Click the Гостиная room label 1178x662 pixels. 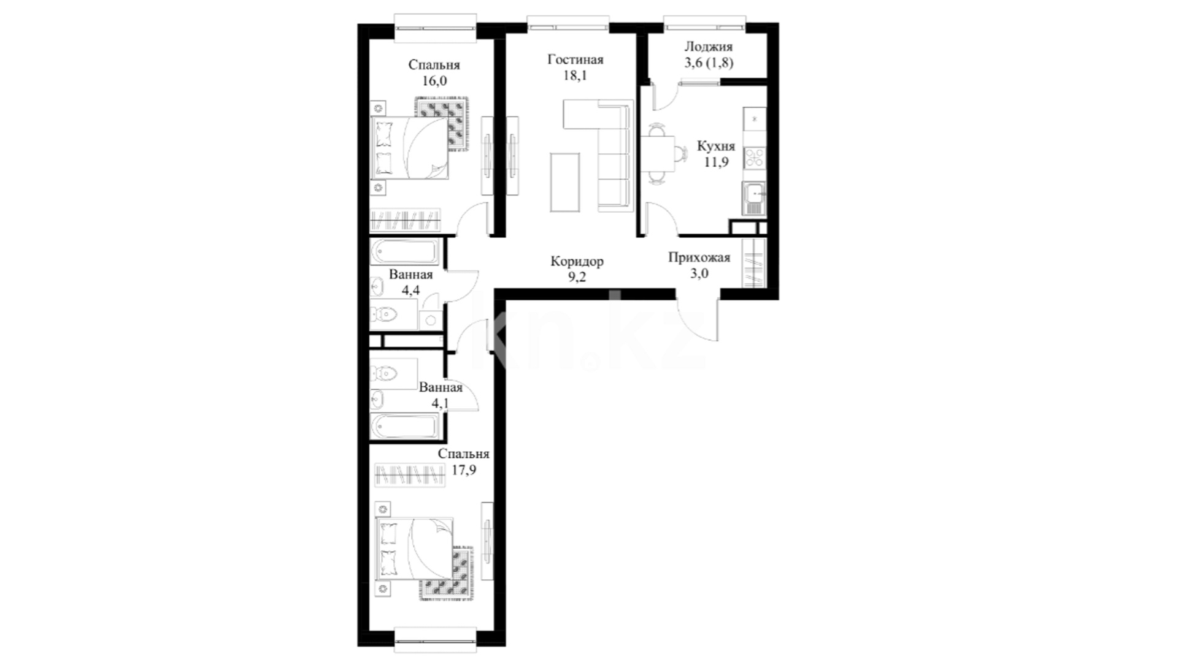(x=576, y=60)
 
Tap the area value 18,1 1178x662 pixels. (x=575, y=76)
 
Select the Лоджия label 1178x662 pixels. (x=709, y=47)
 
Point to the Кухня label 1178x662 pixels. (x=716, y=147)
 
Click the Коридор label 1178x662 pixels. (x=577, y=262)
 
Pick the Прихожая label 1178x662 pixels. (x=699, y=257)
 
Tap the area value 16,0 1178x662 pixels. (x=434, y=81)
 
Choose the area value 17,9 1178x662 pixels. (x=464, y=470)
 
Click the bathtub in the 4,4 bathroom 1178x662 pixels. (x=405, y=252)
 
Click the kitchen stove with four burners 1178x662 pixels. (x=755, y=158)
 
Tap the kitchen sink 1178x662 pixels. (x=754, y=199)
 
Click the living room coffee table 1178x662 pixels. (x=565, y=182)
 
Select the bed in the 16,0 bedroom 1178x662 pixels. (x=409, y=148)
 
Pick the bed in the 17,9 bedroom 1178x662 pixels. (x=414, y=549)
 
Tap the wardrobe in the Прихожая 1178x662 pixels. (x=755, y=262)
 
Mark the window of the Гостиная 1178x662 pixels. (x=568, y=27)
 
